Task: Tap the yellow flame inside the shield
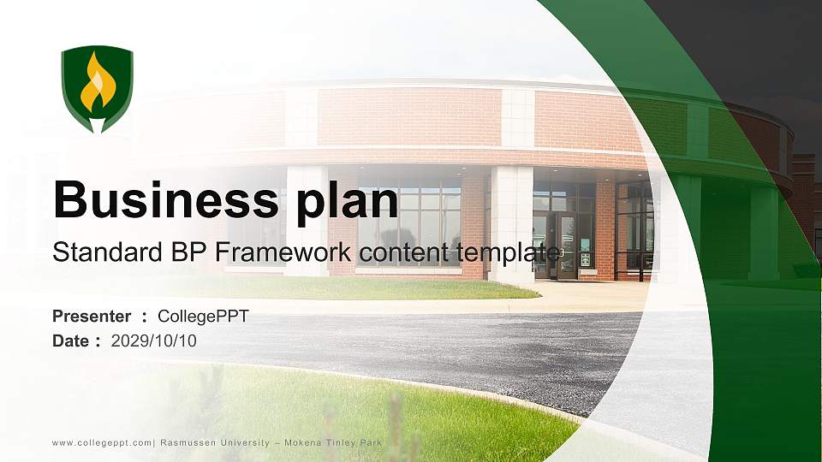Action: click(x=98, y=84)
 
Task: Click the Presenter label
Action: click(x=92, y=317)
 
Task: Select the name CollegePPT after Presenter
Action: click(x=203, y=317)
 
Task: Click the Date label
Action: click(x=71, y=341)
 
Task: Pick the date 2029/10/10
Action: click(x=153, y=341)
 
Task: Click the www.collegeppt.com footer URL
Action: click(x=102, y=442)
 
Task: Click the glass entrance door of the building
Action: click(x=565, y=245)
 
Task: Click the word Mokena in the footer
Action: click(x=298, y=442)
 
